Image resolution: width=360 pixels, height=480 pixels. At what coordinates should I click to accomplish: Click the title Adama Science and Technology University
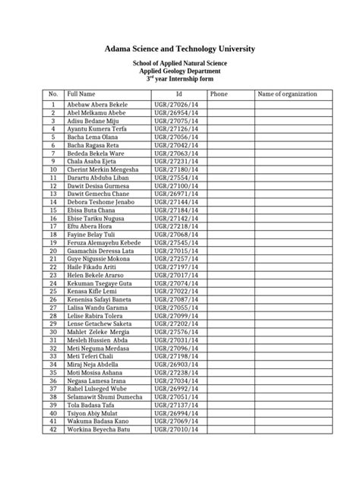[180, 49]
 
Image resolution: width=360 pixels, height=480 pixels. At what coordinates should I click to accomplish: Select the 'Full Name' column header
[83, 93]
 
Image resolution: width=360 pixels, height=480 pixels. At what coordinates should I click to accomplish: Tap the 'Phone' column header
[219, 93]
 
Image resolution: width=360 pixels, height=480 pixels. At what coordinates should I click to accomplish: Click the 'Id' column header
[178, 93]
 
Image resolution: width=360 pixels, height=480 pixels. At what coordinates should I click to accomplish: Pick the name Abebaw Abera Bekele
[98, 104]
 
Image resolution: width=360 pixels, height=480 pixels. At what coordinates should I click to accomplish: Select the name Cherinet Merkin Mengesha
[103, 169]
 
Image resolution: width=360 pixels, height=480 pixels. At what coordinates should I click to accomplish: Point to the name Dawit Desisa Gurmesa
[99, 185]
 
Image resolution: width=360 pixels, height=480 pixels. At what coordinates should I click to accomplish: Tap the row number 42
[53, 429]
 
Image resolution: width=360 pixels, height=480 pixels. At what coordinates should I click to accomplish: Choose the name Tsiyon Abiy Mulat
[94, 413]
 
